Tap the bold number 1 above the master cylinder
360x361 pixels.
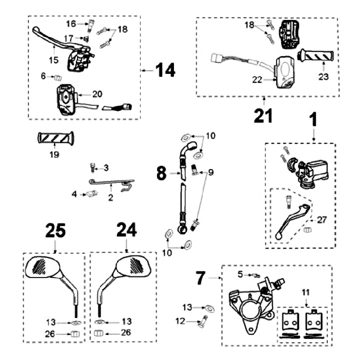coord(313,121)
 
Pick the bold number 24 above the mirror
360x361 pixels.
coord(126,230)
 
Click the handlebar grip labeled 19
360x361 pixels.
coord(54,137)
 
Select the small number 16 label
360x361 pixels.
coord(71,23)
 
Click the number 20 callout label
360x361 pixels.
coord(97,94)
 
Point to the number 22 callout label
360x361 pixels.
coord(256,79)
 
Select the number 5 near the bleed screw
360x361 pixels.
coord(239,273)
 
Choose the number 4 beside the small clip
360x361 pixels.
coord(74,193)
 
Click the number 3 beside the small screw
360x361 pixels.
coord(106,167)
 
